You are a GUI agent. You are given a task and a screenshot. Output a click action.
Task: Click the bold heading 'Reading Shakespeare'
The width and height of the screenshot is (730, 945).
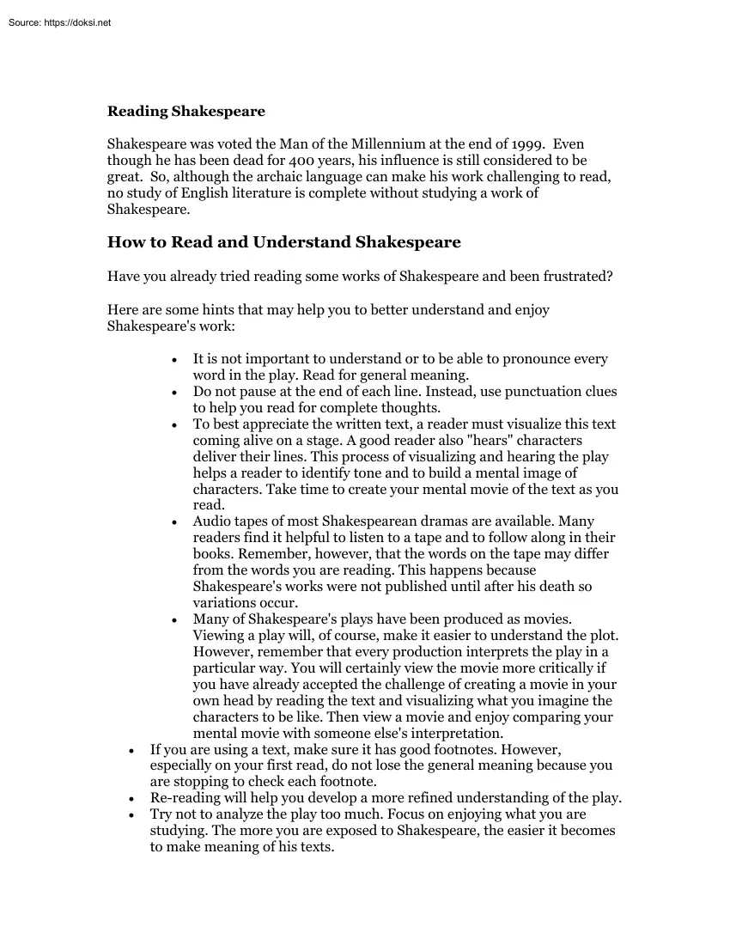click(x=186, y=111)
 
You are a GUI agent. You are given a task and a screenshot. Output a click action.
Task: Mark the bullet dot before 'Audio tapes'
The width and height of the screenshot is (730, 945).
click(x=174, y=522)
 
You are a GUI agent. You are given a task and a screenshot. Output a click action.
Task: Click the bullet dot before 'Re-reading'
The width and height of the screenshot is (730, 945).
click(x=131, y=798)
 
